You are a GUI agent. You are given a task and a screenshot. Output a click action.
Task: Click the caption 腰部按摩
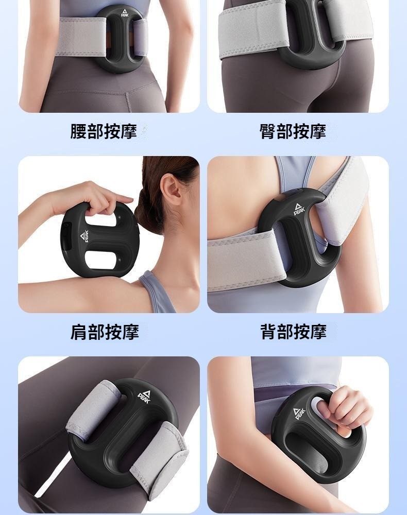point(104,131)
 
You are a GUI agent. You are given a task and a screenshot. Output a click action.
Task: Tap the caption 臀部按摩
point(293,131)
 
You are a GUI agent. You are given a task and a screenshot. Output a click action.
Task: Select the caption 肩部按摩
point(105,332)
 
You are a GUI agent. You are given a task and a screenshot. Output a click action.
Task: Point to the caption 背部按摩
point(293,332)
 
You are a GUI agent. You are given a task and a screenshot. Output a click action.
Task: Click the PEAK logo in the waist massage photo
point(124,13)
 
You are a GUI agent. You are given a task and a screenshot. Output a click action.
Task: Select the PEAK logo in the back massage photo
point(299,209)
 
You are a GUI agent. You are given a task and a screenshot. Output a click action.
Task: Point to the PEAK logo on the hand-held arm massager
point(299,413)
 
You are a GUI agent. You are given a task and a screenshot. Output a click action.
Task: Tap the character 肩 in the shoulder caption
point(78,332)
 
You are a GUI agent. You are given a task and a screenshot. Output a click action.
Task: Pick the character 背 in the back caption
point(268,332)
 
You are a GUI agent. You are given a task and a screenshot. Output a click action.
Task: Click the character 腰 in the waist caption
point(78,131)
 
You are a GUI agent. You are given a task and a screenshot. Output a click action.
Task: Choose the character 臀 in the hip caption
point(267,131)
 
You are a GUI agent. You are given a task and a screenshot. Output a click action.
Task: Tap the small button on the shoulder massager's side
point(66,226)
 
